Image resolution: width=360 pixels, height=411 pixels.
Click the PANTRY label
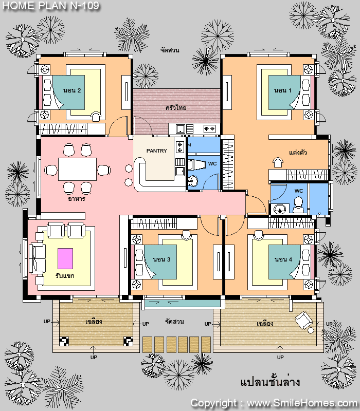click(157, 151)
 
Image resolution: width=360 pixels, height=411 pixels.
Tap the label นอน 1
click(282, 90)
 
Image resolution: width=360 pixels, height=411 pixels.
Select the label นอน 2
click(72, 90)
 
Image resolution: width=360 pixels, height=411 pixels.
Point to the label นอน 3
click(161, 259)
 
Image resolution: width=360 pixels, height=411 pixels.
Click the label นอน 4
click(283, 259)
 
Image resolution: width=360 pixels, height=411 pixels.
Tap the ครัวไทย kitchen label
click(176, 107)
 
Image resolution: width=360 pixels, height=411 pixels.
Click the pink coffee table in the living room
click(65, 258)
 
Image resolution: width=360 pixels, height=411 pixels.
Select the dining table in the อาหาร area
click(78, 169)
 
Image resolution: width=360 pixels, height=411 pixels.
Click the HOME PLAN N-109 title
click(51, 6)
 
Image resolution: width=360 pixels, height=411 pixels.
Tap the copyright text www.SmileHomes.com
click(302, 403)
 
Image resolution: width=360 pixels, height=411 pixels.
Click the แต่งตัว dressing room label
click(298, 153)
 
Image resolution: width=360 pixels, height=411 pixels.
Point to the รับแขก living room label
click(65, 276)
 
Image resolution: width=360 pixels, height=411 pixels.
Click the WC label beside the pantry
click(212, 164)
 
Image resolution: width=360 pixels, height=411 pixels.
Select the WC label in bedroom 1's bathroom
click(299, 191)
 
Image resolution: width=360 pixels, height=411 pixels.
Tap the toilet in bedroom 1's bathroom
click(298, 205)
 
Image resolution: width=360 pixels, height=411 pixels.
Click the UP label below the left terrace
click(94, 357)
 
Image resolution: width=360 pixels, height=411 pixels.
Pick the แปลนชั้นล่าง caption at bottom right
click(270, 382)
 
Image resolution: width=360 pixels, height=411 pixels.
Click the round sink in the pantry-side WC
click(193, 181)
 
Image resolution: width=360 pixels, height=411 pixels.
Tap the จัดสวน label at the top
click(170, 50)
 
